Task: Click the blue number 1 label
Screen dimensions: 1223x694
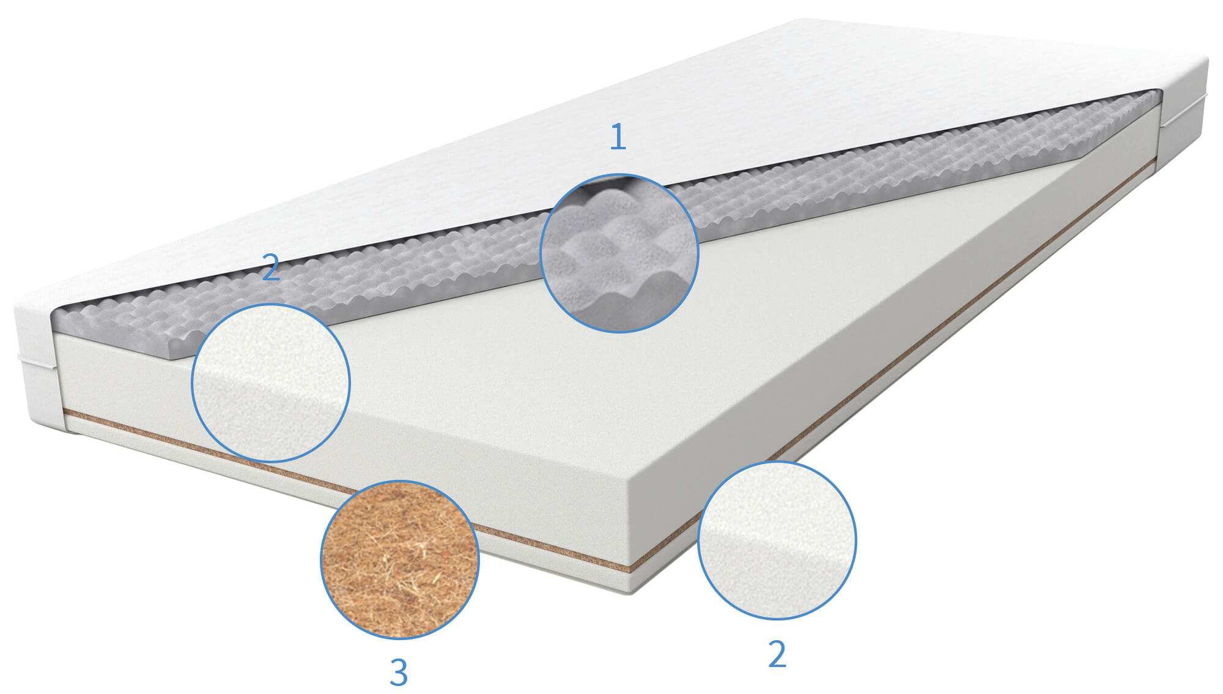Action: tap(618, 136)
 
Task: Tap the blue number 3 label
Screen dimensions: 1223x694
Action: tap(399, 672)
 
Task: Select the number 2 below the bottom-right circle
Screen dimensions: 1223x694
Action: tap(777, 654)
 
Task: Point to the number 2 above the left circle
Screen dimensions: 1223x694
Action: tap(271, 267)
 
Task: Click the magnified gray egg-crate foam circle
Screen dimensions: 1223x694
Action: tap(619, 253)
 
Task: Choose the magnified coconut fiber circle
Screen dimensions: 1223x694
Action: tap(400, 559)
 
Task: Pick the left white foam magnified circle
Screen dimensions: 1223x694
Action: tap(271, 382)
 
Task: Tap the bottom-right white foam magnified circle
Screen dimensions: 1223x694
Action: tap(777, 540)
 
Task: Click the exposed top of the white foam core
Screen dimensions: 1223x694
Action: tap(611, 367)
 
